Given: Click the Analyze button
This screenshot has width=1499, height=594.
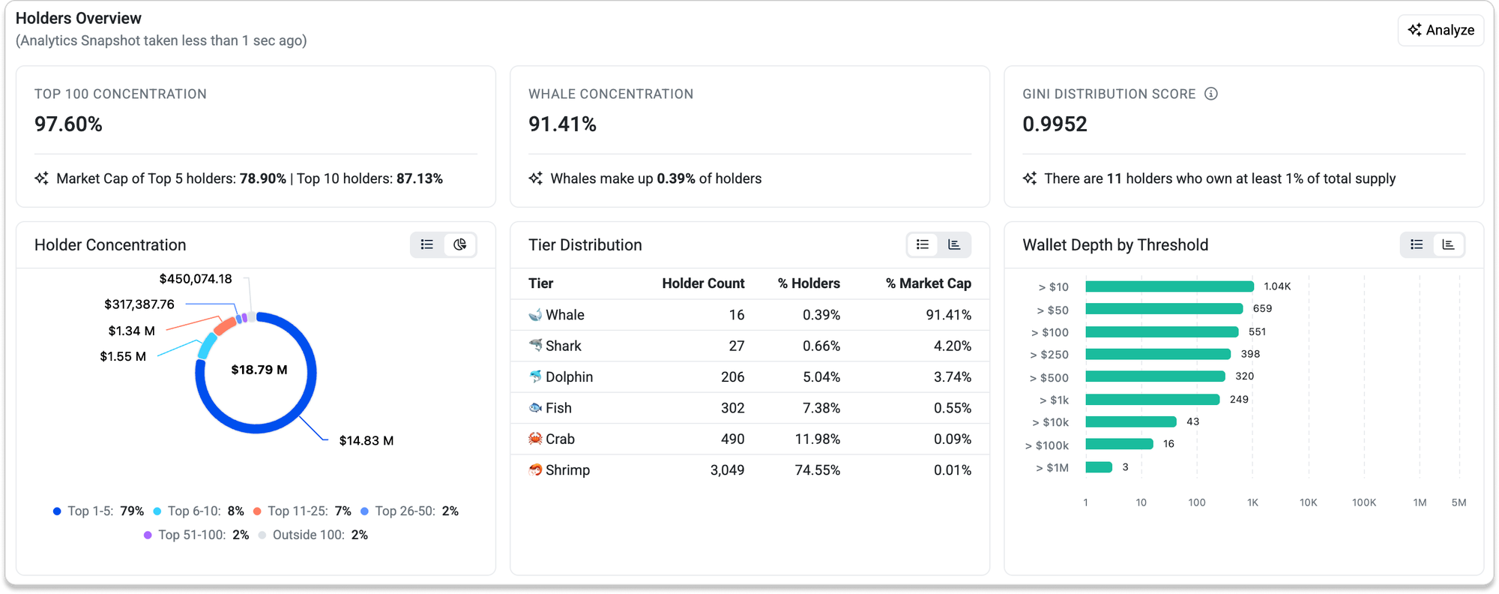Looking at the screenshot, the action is click(x=1441, y=30).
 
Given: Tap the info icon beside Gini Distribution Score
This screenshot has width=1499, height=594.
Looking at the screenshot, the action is click(x=1211, y=94).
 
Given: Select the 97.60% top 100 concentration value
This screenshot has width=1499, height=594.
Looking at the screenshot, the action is click(x=68, y=124).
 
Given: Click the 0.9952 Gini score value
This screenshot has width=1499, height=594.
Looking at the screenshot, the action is click(x=1055, y=124).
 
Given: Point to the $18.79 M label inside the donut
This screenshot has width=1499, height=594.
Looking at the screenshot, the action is click(x=259, y=370).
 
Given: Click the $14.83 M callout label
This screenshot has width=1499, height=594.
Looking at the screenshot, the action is click(x=367, y=440).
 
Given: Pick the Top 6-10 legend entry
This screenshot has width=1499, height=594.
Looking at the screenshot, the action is click(x=199, y=511).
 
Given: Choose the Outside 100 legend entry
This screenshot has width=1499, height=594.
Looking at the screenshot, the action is click(x=313, y=535).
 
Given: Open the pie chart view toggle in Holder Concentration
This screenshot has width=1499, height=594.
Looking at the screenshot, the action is click(x=460, y=244).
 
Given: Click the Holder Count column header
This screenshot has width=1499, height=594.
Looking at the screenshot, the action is click(x=703, y=283).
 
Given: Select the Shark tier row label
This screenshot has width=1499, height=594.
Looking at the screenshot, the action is click(x=563, y=346).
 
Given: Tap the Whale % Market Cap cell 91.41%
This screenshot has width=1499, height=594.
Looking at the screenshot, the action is click(x=948, y=315).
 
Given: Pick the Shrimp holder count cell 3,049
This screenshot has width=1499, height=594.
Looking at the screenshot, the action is click(x=727, y=470).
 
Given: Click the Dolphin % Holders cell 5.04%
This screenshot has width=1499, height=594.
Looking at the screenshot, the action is click(x=821, y=376).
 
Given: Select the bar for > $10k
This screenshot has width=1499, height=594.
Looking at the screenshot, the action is click(x=1131, y=422).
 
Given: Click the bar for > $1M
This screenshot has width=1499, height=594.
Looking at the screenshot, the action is click(x=1099, y=467).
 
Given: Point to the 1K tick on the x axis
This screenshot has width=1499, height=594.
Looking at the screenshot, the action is click(x=1252, y=502).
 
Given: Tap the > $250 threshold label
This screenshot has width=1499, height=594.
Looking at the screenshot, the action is click(x=1049, y=355).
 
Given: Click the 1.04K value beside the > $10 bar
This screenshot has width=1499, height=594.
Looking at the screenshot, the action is click(x=1277, y=286).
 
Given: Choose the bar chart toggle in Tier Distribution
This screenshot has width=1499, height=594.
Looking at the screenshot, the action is click(x=954, y=244).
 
